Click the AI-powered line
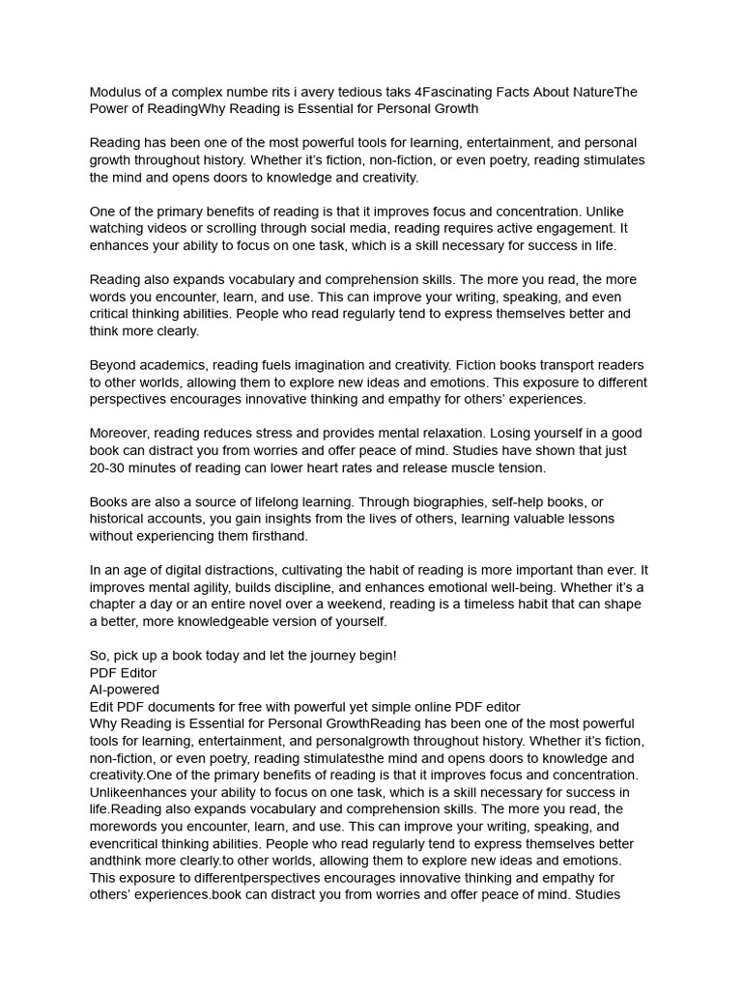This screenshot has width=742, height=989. click(x=125, y=690)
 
